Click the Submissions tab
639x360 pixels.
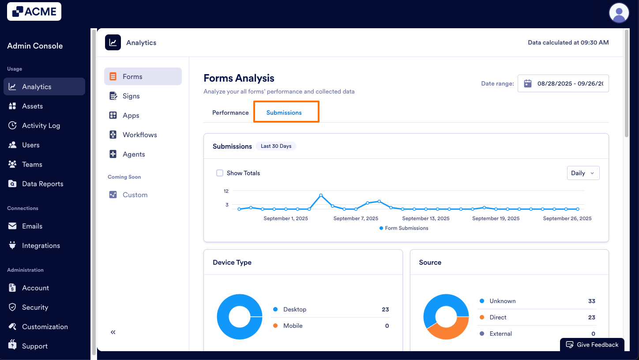click(x=284, y=112)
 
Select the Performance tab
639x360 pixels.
click(x=230, y=112)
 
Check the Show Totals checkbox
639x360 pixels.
click(x=220, y=173)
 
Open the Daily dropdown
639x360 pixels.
click(x=583, y=173)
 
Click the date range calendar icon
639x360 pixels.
click(x=527, y=83)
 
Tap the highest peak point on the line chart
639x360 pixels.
click(x=321, y=195)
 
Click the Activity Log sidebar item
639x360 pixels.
click(x=41, y=126)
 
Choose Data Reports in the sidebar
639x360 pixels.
click(x=42, y=184)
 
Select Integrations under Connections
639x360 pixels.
click(x=41, y=246)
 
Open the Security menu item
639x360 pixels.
click(x=35, y=307)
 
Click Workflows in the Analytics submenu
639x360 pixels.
click(x=139, y=135)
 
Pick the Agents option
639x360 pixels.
click(x=134, y=154)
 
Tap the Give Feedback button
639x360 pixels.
click(x=592, y=345)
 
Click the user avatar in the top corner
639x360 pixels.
click(x=619, y=13)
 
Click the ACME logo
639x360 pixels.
click(x=34, y=11)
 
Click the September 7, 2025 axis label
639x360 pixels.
click(x=356, y=218)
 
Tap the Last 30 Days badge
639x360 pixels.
click(x=276, y=146)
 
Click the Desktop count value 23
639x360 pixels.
click(x=385, y=309)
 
